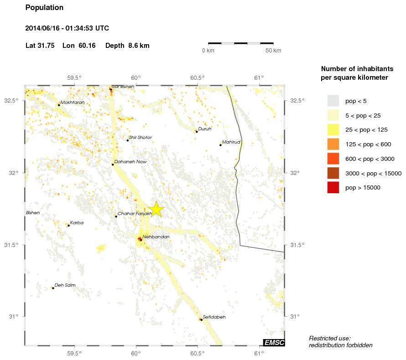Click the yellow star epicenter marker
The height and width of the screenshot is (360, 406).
tap(156, 209)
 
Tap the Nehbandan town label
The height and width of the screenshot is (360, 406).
tap(156, 237)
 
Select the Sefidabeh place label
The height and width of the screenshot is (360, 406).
tap(214, 317)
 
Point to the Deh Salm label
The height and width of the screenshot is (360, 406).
tap(65, 285)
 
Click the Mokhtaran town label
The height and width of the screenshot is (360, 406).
tap(73, 103)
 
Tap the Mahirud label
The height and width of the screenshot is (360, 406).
tap(231, 142)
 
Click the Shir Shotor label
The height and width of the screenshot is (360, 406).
tap(140, 138)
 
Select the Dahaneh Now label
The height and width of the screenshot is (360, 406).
tap(130, 162)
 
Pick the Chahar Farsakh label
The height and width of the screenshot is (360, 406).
tap(135, 214)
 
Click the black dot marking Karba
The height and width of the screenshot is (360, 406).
tap(68, 226)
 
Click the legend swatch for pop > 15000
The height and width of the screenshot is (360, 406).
tap(333, 187)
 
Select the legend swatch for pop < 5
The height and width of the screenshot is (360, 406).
tap(333, 101)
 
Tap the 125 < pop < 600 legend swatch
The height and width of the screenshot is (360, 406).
tap(333, 144)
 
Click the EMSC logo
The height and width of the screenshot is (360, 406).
tap(274, 343)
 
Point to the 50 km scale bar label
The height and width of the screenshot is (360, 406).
tap(273, 50)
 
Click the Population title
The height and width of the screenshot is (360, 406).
tap(44, 8)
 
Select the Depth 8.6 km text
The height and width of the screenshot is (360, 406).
tap(127, 46)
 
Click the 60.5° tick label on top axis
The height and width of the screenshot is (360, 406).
tap(197, 77)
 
